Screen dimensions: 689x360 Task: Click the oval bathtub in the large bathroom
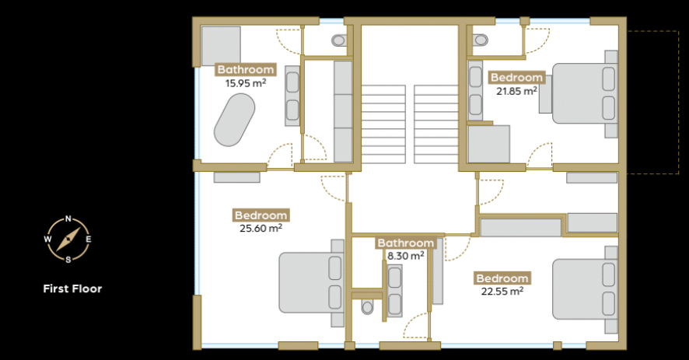[x=234, y=121]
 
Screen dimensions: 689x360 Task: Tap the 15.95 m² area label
[x=246, y=82]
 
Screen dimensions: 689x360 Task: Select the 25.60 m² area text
[x=261, y=228]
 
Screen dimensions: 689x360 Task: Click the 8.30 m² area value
[x=406, y=255]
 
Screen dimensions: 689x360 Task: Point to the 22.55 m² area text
[x=502, y=291]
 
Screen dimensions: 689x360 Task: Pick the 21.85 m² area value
[x=516, y=91]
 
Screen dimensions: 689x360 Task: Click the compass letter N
[x=68, y=218]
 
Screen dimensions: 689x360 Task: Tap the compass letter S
[x=68, y=260]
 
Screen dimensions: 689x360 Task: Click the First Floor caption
[x=72, y=288]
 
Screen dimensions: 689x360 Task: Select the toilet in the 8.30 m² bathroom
[x=367, y=307]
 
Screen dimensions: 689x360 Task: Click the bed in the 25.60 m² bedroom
[x=311, y=283]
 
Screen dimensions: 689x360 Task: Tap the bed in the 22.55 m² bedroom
[x=585, y=289]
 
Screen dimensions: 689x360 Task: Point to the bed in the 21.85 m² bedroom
[x=585, y=93]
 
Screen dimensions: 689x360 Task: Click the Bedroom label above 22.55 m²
[x=502, y=278]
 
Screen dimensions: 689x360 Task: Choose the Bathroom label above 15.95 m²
[x=246, y=69]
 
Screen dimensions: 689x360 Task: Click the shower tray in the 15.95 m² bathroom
[x=221, y=46]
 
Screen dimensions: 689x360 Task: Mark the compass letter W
[x=47, y=239]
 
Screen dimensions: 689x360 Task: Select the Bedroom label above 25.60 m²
[x=261, y=215]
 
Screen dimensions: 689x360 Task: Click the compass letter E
[x=89, y=239]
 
